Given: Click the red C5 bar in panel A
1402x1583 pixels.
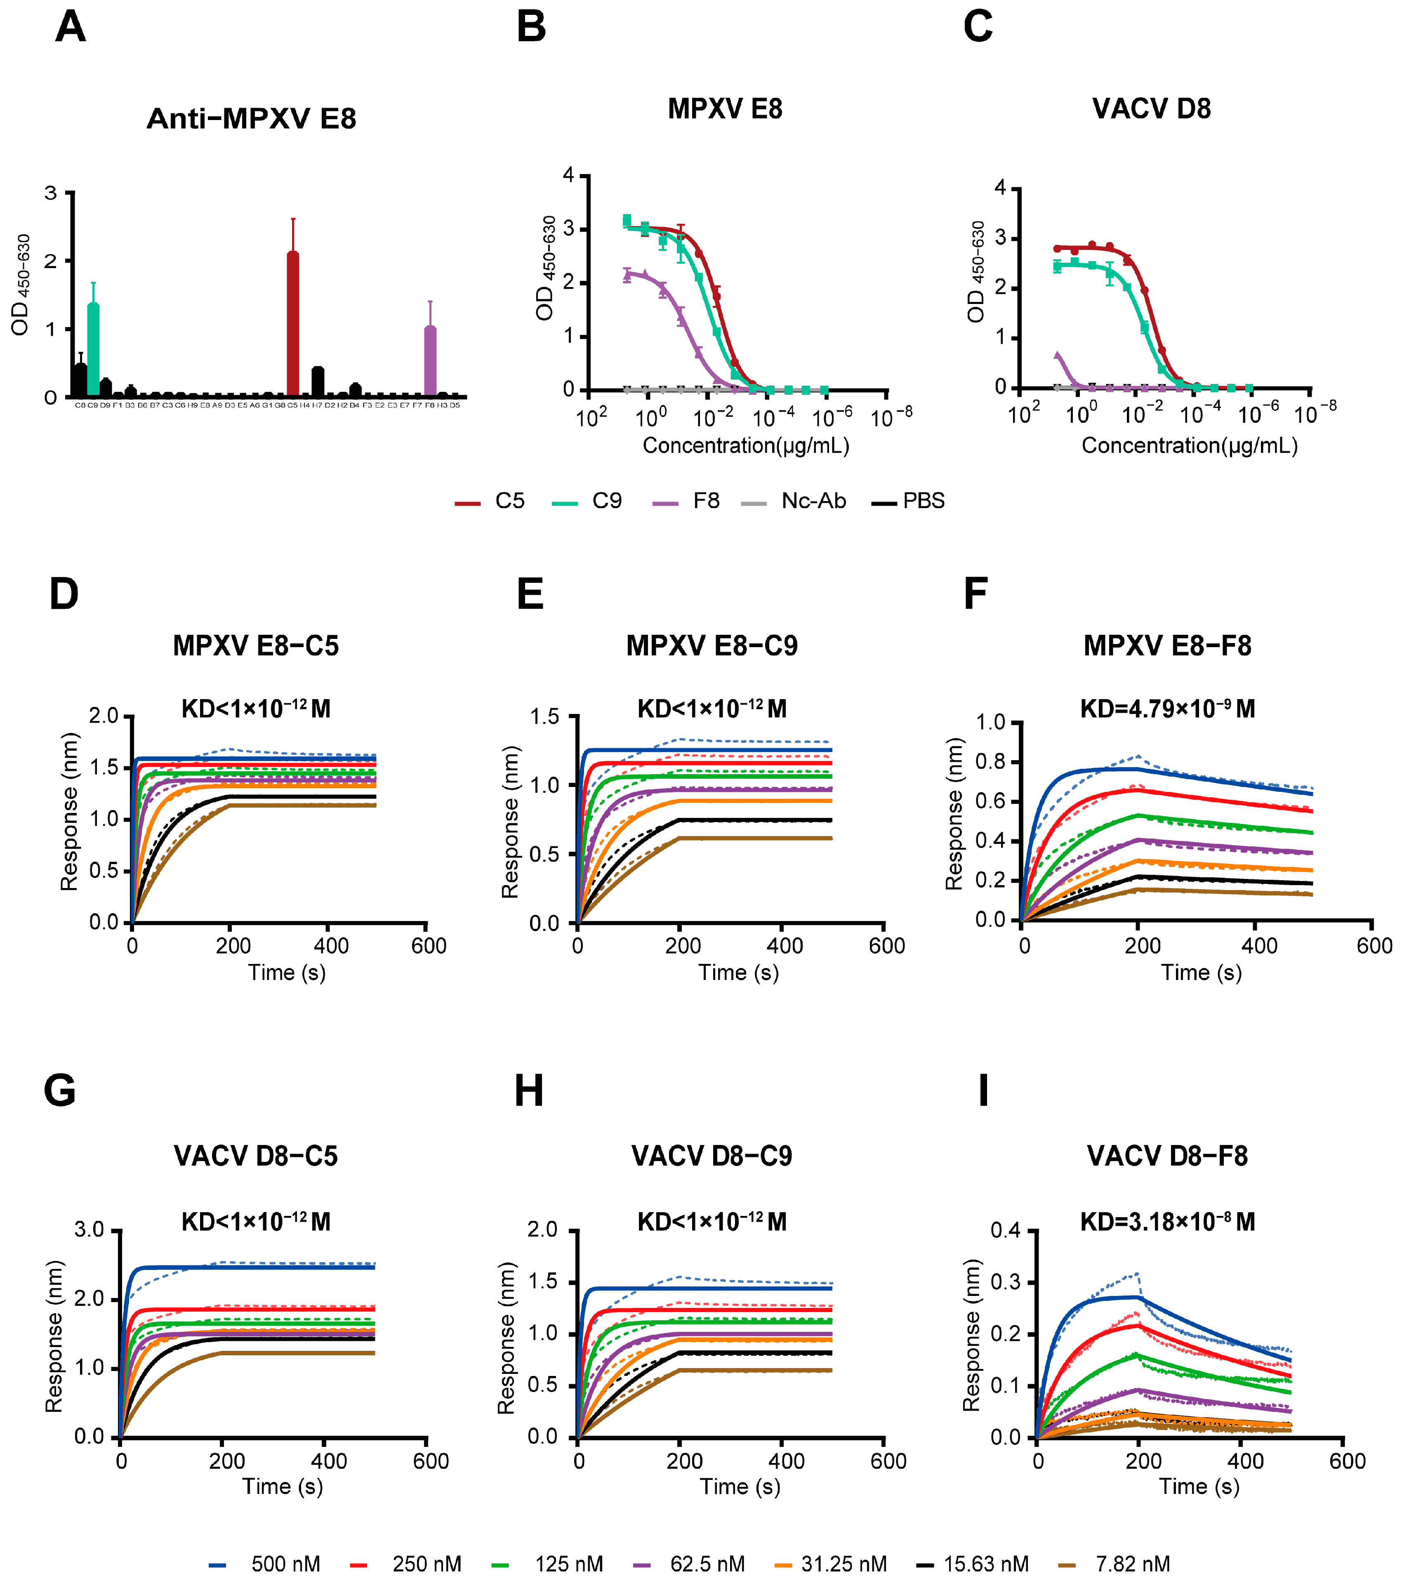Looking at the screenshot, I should (x=293, y=325).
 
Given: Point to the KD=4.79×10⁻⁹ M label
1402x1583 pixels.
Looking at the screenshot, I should (x=1167, y=709).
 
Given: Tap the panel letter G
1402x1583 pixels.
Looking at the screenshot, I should (x=60, y=1091).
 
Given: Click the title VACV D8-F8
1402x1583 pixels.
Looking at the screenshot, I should (x=1167, y=1156).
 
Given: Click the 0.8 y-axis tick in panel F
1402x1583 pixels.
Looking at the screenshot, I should (x=990, y=762).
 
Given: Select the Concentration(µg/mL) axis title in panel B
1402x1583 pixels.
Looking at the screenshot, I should (x=746, y=446).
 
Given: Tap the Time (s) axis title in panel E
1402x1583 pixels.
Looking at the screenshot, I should (x=738, y=973).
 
